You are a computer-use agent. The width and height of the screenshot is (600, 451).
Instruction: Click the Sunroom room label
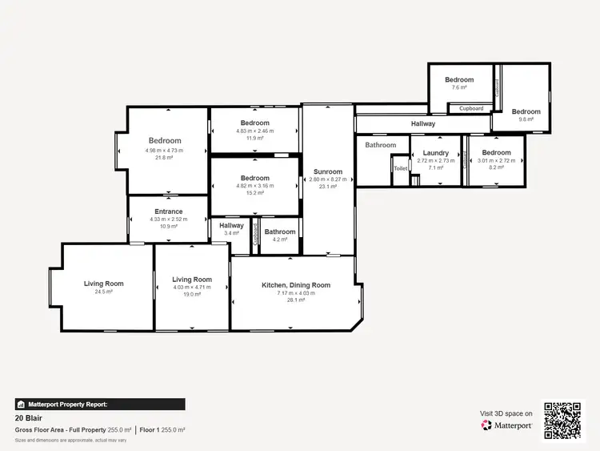click(x=328, y=171)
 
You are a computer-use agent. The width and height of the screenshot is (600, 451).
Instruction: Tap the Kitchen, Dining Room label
click(x=296, y=285)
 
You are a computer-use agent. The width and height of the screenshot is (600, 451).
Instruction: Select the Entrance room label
click(x=169, y=211)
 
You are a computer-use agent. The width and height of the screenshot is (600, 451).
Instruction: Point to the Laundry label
click(x=436, y=153)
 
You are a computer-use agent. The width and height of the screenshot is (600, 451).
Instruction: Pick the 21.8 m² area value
click(x=164, y=158)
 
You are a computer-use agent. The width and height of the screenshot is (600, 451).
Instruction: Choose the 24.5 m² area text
click(x=104, y=292)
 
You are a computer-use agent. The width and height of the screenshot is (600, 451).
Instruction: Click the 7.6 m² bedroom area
click(x=459, y=87)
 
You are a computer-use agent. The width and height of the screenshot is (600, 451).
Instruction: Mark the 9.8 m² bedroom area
click(x=526, y=119)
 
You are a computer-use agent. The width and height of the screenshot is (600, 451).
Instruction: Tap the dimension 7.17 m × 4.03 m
click(x=296, y=293)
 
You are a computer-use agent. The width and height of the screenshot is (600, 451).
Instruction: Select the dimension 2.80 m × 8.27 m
click(x=328, y=179)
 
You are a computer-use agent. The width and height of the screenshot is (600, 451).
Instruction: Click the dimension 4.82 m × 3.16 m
click(x=254, y=186)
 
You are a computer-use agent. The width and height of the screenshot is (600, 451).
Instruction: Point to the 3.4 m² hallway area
click(x=232, y=233)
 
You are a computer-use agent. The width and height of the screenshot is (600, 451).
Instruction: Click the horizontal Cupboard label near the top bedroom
click(x=471, y=108)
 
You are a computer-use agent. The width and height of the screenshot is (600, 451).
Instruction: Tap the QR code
click(x=563, y=419)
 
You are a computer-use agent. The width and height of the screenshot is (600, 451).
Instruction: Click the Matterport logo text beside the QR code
click(x=507, y=425)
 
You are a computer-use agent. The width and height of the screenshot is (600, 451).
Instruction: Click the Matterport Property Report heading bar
click(x=100, y=405)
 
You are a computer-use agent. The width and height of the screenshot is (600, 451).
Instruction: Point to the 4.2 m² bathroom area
click(x=280, y=240)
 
